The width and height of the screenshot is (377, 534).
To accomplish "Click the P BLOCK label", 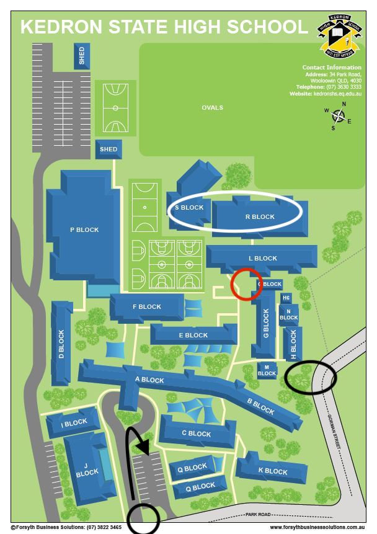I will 84,230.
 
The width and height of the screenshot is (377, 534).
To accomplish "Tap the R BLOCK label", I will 259,217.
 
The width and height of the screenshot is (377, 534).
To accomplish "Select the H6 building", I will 286,298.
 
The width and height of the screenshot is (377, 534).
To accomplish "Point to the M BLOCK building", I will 267,370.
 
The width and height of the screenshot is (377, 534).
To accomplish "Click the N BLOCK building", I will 288,314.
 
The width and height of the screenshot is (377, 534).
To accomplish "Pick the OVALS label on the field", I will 212,108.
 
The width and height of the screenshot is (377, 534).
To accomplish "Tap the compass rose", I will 339,116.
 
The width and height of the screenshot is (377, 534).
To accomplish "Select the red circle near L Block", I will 246,284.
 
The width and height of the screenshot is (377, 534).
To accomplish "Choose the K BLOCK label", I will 273,471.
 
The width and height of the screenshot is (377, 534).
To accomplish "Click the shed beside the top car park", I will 82,56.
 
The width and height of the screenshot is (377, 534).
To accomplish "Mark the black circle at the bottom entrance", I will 144,517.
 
